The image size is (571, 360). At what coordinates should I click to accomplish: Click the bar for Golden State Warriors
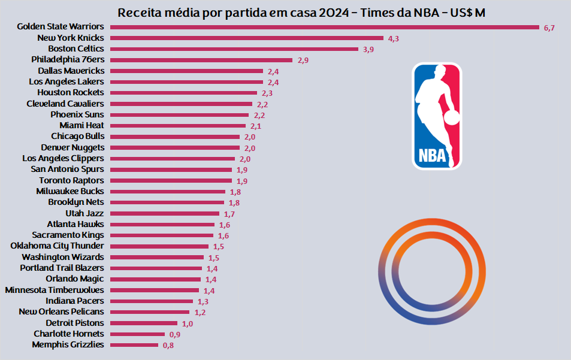pos(325,27)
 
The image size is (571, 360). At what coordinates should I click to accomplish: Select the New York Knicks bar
pos(247,38)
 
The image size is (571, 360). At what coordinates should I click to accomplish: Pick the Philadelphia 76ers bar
pos(201,60)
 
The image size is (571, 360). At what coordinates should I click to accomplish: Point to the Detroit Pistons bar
pos(144,323)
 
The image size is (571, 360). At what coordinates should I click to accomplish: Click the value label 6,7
pos(549,28)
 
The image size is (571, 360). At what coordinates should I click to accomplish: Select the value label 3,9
pos(368,50)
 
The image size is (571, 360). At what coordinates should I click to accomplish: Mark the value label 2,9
pos(303,61)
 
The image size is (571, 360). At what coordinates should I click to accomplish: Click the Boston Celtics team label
pos(75,49)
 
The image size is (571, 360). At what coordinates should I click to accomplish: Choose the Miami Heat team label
pos(81,125)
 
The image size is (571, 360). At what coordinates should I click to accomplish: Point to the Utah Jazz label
pos(84,213)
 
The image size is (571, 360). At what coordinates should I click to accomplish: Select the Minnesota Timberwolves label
pos(55,290)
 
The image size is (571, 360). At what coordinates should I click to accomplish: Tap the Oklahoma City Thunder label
pos(57,246)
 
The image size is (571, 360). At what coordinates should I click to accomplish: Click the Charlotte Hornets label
pos(68,334)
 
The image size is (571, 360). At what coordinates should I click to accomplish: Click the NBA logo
pos(437,116)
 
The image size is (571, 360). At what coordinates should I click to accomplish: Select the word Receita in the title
pos(139,13)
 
